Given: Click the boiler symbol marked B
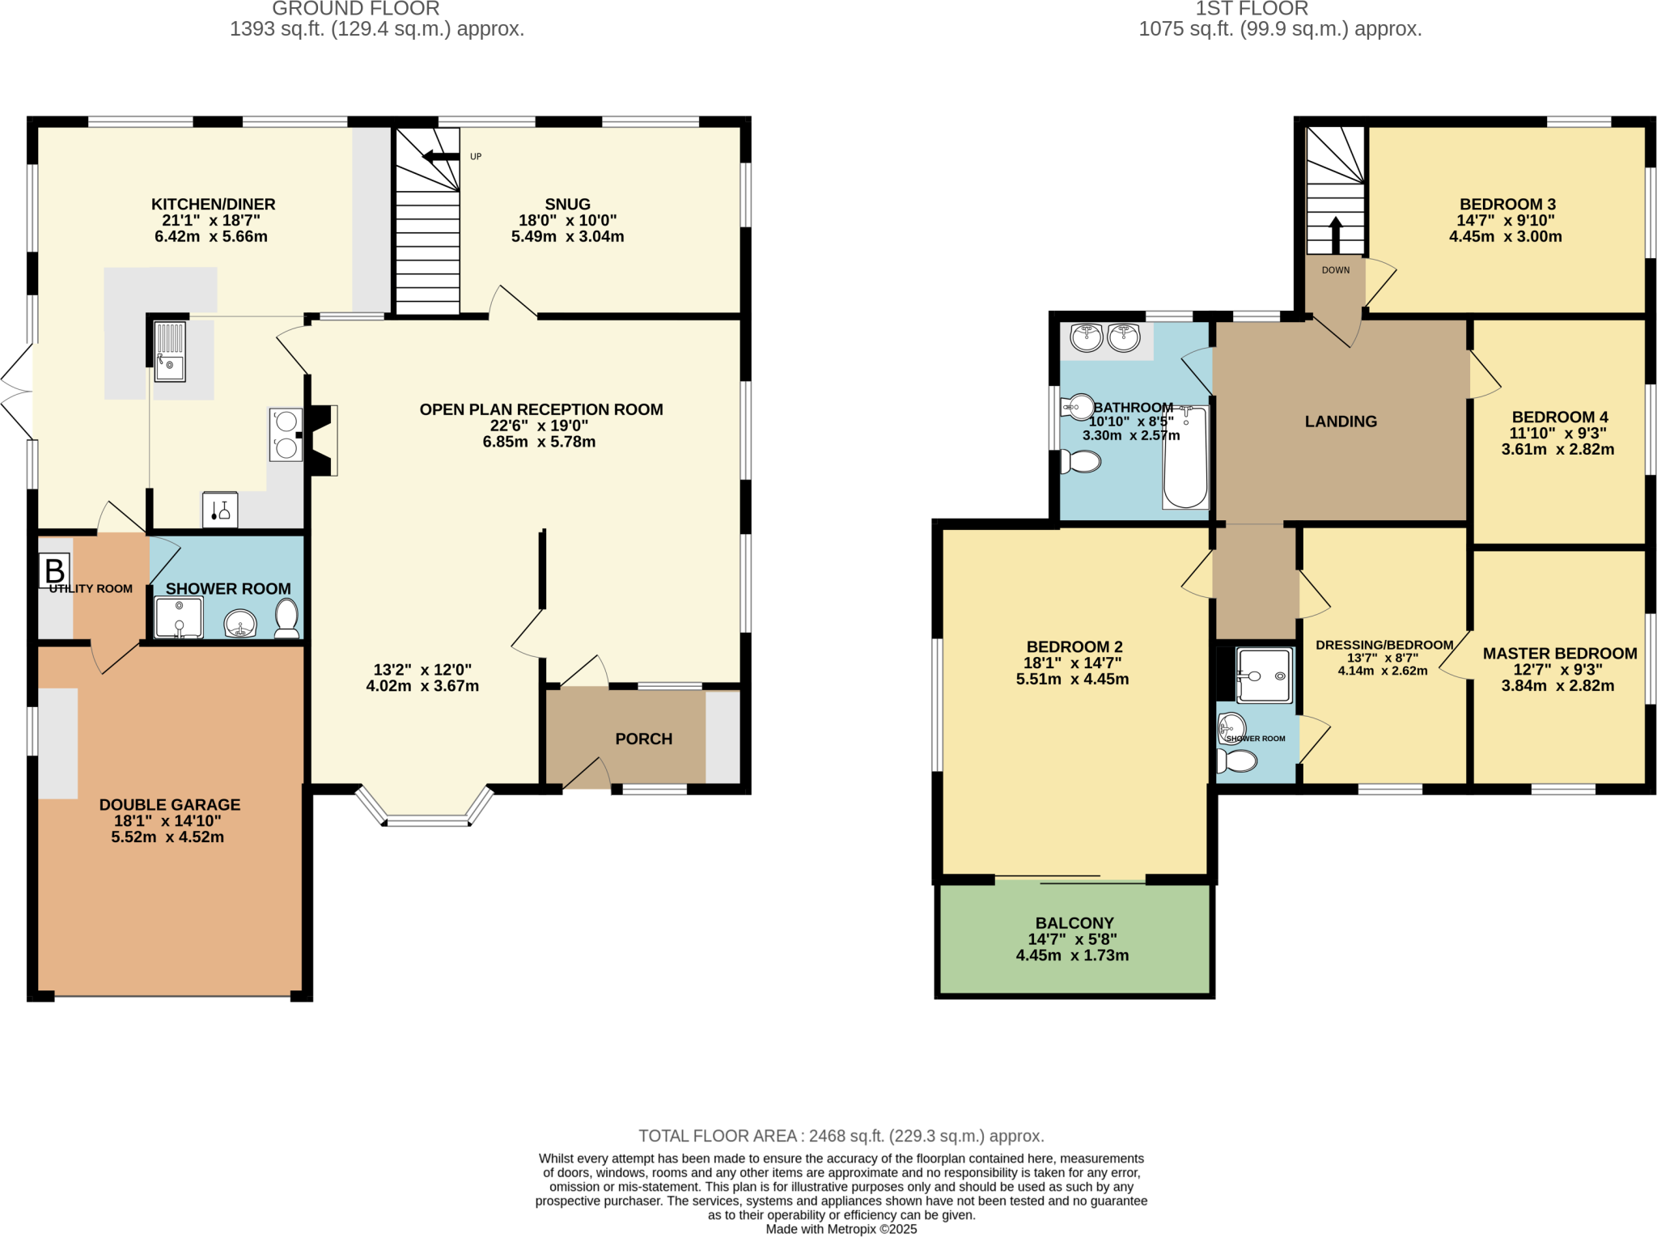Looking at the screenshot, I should point(54,570).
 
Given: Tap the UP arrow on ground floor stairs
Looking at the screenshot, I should point(440,156).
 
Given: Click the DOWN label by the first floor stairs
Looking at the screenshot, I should point(1335,270).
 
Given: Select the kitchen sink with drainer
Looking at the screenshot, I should point(170,351).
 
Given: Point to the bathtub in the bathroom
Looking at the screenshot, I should point(1185,459).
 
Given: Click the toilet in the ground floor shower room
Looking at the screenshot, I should point(286,618).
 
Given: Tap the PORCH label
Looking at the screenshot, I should point(643,739).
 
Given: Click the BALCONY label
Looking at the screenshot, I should point(1074,923).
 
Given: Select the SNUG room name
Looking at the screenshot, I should point(567,204).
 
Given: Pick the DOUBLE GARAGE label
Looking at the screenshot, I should point(170,804).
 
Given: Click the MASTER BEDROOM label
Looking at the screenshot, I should point(1559,653).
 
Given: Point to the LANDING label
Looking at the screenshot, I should point(1341,422).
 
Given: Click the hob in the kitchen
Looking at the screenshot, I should point(286,434).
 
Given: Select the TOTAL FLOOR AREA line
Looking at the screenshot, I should point(841,1136).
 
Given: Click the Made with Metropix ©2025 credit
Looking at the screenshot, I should point(841,1229).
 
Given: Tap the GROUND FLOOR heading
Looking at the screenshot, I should point(355,9).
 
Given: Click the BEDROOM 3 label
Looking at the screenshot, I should point(1507,204).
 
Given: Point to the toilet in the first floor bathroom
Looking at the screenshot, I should point(1082,462).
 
